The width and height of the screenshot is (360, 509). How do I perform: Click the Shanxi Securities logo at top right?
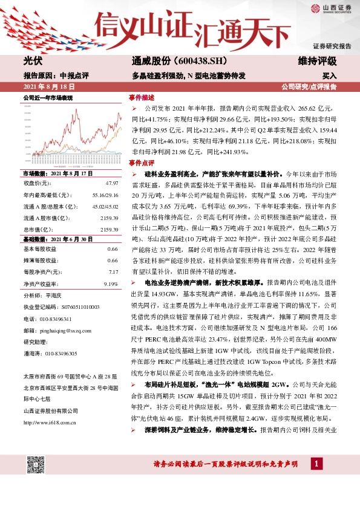tap(331, 8)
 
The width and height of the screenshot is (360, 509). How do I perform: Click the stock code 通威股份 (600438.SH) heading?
tap(179, 62)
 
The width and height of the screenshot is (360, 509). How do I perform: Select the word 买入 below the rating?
tap(329, 76)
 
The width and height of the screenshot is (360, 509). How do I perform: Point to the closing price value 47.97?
tap(112, 182)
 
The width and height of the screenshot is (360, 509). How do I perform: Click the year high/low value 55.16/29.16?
tap(105, 194)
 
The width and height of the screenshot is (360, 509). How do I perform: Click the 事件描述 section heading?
tap(142, 97)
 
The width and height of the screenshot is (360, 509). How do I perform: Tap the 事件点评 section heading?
tap(142, 163)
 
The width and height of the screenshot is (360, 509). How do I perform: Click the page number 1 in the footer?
tap(316, 463)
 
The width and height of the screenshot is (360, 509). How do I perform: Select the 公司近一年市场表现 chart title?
tap(48, 97)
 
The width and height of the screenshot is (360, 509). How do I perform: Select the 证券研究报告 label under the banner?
tap(332, 47)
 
